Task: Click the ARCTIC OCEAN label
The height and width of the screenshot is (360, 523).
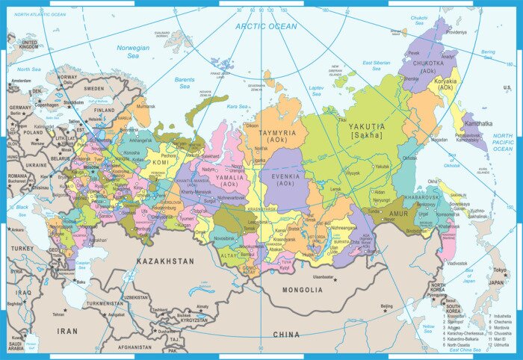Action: point(267,26)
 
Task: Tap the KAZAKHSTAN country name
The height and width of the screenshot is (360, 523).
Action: point(165,261)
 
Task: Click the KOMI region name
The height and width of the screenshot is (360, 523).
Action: point(160,162)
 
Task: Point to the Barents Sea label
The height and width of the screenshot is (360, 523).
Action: point(185,82)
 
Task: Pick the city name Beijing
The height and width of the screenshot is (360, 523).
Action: point(386,306)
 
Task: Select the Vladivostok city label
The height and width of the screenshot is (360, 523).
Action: point(457,264)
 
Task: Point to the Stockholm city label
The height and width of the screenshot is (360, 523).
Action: point(73,102)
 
